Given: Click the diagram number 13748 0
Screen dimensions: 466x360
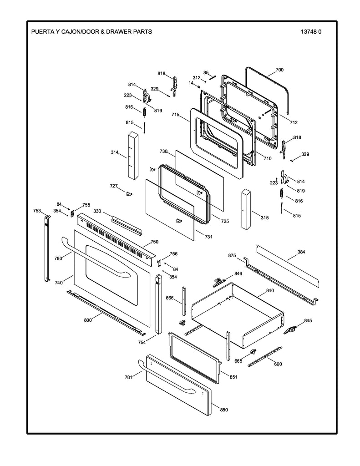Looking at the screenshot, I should (311, 32).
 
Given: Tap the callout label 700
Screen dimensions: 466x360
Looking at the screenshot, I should (279, 70).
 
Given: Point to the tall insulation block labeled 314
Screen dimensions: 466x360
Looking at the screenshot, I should (133, 156).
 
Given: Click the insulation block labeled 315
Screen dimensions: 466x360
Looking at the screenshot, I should (246, 209).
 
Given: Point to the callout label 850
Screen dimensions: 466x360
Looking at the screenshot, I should (224, 410).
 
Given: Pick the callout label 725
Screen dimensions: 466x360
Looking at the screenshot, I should (225, 221).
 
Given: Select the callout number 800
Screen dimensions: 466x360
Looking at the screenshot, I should (88, 320).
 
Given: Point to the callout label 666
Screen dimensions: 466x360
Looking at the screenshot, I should (169, 298).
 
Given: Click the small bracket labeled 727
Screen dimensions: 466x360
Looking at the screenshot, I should (129, 194).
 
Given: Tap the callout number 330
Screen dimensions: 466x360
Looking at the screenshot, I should (97, 211).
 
